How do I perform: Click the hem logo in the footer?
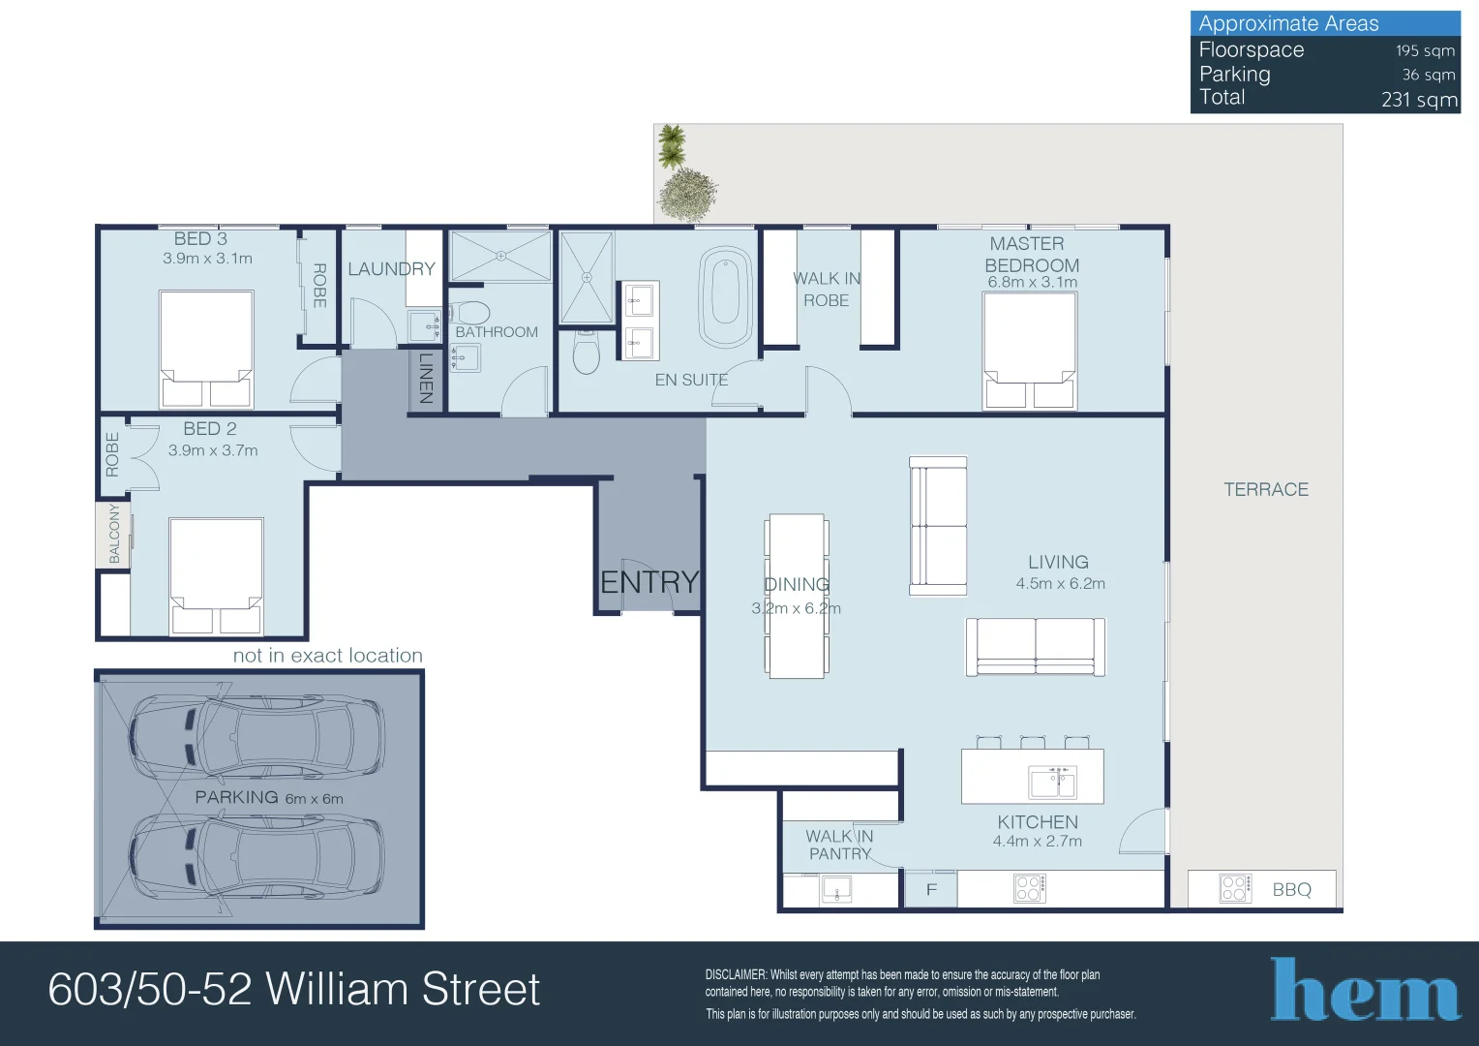[1365, 990]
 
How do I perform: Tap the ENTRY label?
[649, 582]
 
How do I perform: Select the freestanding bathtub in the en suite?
[726, 298]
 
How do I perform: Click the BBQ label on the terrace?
[1291, 889]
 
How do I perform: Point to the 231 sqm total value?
[1419, 99]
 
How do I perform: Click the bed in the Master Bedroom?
[1030, 351]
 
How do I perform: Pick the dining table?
[797, 596]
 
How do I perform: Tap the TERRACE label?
[1265, 490]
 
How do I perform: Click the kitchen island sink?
[1052, 782]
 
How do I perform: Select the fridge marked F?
[930, 889]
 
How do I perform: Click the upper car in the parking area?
[257, 736]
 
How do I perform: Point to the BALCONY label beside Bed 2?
[113, 534]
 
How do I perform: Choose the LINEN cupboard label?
[426, 379]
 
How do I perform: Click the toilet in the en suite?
[587, 354]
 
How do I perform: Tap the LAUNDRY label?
[391, 269]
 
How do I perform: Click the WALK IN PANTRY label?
[839, 845]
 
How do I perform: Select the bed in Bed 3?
[206, 350]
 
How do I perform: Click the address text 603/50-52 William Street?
[293, 990]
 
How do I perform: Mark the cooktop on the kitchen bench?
[1029, 888]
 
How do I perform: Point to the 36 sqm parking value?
[1428, 75]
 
